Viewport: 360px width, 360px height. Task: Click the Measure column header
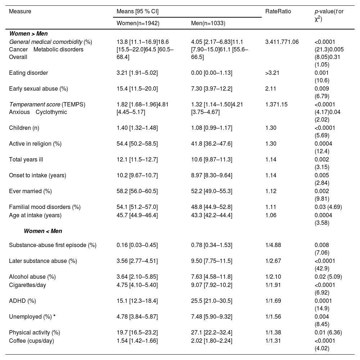point(20,11)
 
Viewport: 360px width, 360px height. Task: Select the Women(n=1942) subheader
point(138,23)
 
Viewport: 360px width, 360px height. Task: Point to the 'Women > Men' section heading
point(28,34)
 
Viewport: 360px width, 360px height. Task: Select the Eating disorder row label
point(28,73)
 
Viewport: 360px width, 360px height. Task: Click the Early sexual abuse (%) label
point(39,89)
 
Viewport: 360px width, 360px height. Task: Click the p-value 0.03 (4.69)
point(328,207)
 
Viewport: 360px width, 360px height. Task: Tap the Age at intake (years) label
point(35,215)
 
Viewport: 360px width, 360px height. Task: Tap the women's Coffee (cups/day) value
point(137,341)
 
